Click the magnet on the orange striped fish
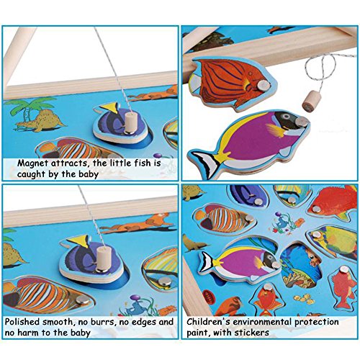click(263, 84)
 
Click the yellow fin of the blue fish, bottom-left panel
click(79, 240)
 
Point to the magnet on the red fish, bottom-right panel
click(315, 210)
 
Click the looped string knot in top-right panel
click(319, 70)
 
